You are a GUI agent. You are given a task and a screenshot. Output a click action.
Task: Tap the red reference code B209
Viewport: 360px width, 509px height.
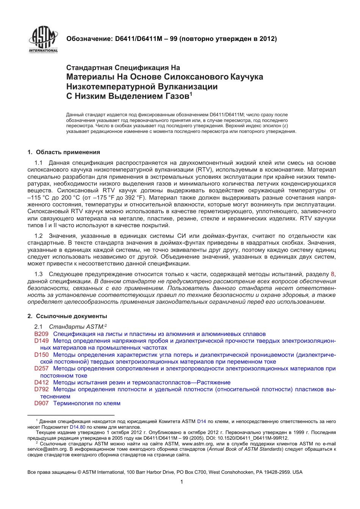point(41,334)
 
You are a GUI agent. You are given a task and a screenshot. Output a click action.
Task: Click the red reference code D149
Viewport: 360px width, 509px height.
point(41,341)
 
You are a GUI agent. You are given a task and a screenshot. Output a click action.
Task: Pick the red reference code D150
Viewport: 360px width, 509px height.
point(41,355)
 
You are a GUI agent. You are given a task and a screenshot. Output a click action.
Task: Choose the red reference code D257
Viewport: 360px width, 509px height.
point(41,368)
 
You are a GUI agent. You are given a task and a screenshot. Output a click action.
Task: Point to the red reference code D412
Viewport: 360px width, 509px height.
point(41,383)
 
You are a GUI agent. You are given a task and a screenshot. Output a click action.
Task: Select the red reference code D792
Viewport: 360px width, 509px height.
point(41,389)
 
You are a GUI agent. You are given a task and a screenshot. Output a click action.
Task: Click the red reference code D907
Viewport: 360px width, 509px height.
point(41,403)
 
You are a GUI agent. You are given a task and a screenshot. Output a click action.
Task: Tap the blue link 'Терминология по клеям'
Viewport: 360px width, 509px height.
point(87,403)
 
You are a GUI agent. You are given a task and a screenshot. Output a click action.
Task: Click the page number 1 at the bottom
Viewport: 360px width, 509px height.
point(182,482)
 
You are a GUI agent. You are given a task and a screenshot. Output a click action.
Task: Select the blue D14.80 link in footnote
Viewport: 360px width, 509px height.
point(78,427)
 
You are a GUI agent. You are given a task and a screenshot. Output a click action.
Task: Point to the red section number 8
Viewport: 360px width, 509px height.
point(333,274)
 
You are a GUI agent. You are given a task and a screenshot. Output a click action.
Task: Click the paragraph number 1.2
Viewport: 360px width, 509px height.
point(38,236)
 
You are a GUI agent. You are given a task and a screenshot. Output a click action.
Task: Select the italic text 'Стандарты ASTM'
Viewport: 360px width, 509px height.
point(76,327)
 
